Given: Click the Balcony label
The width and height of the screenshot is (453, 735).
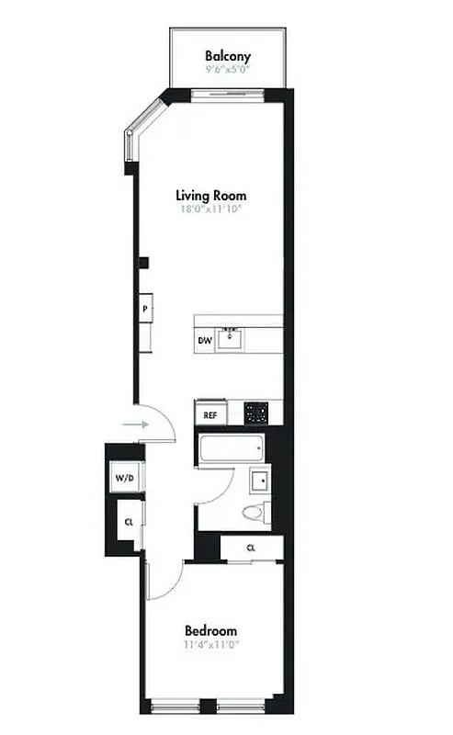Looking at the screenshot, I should coord(228,56).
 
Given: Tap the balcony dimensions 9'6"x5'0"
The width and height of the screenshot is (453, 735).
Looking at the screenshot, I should coord(228,68).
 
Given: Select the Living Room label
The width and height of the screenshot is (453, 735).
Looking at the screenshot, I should coord(211,196).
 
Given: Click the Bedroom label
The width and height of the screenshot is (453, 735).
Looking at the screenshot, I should coord(211,631).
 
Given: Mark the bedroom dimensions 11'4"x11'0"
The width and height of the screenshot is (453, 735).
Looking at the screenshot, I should coord(211,644).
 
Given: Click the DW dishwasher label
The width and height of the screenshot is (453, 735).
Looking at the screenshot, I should coord(205,341).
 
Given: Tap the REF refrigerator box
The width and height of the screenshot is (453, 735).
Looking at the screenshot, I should coord(210,415).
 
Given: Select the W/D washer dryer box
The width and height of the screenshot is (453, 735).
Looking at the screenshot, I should coord(123,479).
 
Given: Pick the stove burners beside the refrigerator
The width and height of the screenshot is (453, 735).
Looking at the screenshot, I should coord(256,413).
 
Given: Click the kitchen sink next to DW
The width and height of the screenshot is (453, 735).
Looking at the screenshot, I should coord(230,339).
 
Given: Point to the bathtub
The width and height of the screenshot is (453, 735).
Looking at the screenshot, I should coord(231,449).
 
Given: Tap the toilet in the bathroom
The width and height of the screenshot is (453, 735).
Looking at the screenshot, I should coord(253,513).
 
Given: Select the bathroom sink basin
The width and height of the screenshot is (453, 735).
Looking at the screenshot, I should coord(259,481).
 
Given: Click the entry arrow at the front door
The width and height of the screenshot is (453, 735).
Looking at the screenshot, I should coord(135,424).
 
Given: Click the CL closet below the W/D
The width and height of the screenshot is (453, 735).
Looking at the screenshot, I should coord(130,523).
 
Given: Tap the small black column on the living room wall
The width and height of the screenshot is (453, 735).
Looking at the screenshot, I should coord(144,263).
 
